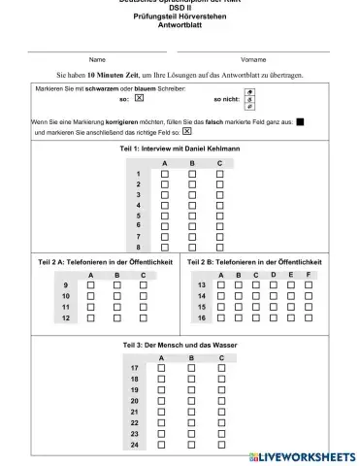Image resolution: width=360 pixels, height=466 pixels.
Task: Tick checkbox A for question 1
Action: point(165,173)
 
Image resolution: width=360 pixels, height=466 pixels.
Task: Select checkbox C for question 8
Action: point(220,248)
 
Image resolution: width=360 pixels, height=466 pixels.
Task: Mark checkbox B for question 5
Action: point(192,216)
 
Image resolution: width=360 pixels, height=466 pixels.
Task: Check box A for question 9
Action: point(91,285)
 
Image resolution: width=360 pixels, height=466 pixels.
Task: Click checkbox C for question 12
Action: point(144,317)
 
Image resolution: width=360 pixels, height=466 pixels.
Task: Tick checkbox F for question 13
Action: point(309,285)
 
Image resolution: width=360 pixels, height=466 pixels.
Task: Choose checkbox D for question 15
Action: point(274,307)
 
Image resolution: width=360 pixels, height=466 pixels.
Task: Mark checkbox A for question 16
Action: point(221,317)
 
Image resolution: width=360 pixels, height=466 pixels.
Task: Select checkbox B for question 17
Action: point(192,369)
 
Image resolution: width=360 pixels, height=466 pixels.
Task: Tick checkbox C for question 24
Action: point(221,445)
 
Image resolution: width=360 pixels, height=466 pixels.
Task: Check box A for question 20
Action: point(163,401)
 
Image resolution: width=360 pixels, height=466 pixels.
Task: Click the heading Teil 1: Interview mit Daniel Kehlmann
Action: point(180,149)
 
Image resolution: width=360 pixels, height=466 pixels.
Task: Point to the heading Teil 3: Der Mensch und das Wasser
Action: point(180,345)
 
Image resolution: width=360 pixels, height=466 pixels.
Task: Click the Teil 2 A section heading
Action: point(105,262)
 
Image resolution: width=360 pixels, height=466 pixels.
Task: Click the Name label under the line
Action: point(97,59)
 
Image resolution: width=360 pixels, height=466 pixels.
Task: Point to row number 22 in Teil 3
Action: point(134,423)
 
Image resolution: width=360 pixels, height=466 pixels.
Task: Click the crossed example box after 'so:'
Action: point(139,98)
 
